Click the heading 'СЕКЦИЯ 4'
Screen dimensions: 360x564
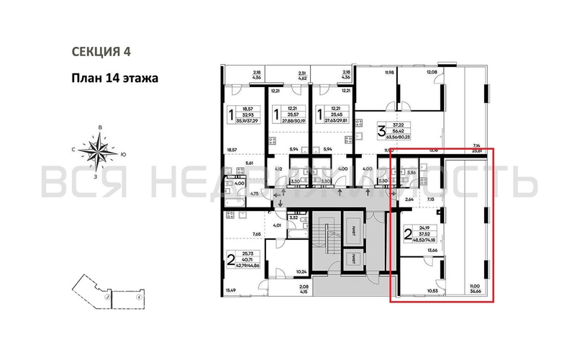pos(101,51)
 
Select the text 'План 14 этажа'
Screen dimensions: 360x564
pos(114,78)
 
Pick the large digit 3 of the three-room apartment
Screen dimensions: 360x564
pos(362,132)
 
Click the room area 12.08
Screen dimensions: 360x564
pos(432,73)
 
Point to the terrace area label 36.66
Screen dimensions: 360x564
pos(476,292)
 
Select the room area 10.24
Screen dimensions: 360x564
pos(301,272)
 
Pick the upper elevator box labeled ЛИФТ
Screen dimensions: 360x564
pos(357,225)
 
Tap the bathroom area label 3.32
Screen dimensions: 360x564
pos(293,217)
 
